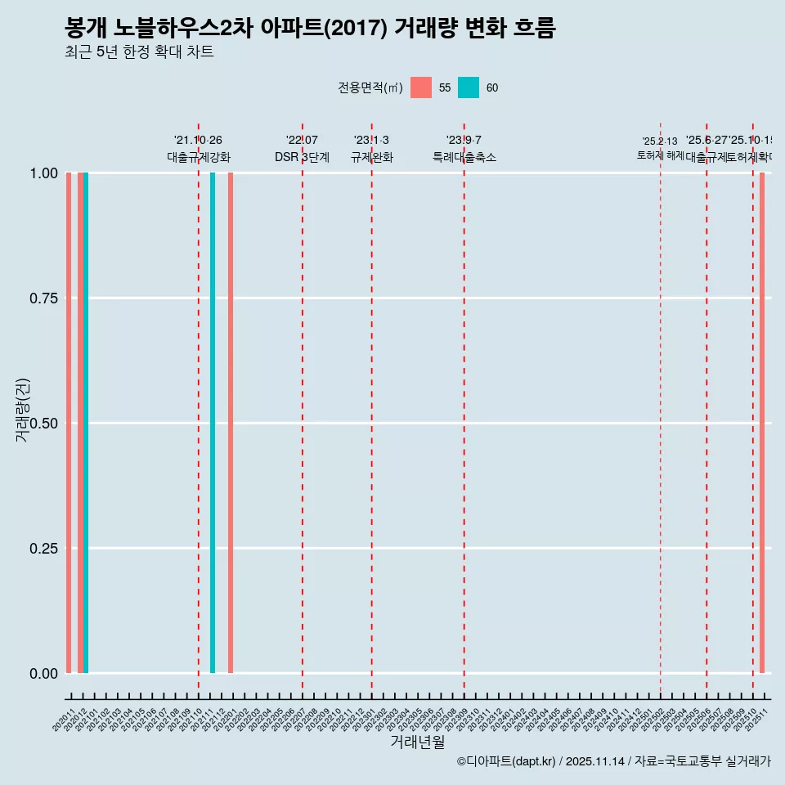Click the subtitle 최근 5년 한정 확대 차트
139,52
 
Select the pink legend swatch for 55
421,87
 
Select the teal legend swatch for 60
469,87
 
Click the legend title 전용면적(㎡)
370,87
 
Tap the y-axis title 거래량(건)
23,409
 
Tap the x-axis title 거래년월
417,742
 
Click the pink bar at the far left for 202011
69,423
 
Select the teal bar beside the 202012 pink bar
86,423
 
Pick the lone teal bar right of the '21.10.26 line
213,423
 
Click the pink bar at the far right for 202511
762,423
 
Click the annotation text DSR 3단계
302,157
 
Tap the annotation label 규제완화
372,157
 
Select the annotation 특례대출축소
464,157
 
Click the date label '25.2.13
660,141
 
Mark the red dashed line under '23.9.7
464,409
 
